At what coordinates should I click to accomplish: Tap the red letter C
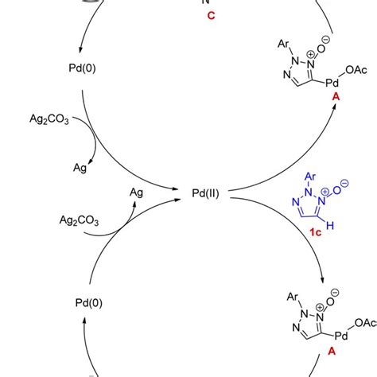(x=211, y=17)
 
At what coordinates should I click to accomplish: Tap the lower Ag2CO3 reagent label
(x=78, y=220)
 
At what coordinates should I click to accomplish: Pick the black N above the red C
(x=211, y=3)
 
